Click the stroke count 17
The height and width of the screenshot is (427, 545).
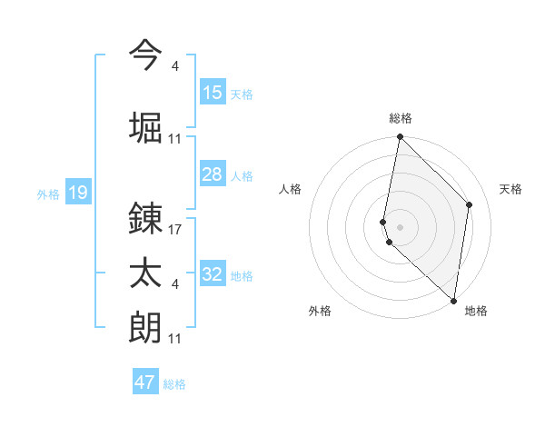176,231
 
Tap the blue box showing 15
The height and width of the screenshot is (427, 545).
213,93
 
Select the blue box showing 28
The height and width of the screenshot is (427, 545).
213,174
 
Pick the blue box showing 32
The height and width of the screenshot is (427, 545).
213,274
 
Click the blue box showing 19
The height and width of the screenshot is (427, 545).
77,193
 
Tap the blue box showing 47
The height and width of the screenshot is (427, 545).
145,382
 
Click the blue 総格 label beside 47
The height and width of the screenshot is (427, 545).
174,384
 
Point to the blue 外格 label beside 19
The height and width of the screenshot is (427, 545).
47,194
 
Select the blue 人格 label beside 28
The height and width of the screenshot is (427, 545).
242,176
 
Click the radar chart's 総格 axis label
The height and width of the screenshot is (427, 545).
401,118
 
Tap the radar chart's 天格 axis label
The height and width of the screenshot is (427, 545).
511,189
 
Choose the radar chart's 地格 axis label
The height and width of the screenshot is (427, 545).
476,311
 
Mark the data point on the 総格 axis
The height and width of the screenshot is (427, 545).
400,137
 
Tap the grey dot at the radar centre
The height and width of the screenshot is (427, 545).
400,225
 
